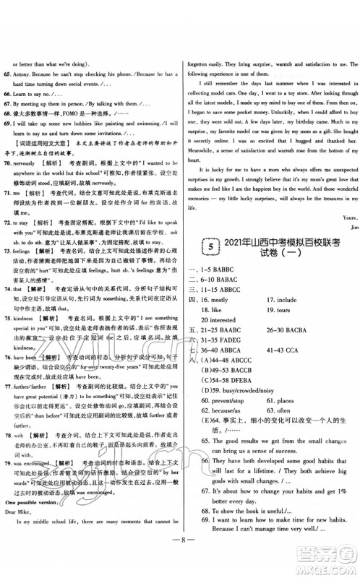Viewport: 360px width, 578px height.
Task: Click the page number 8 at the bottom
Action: [179, 557]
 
